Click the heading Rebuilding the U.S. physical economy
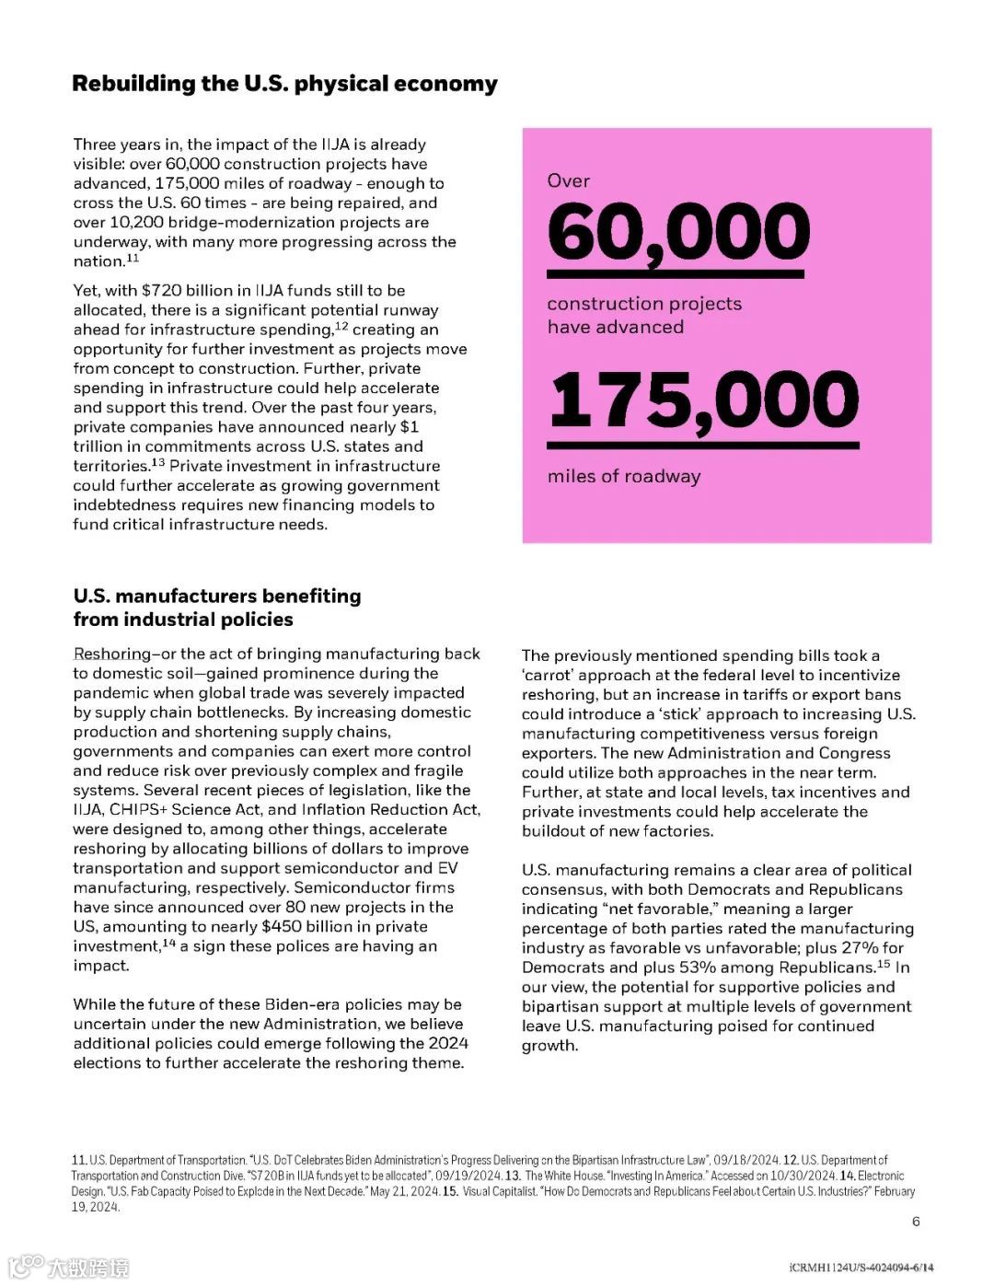tap(284, 84)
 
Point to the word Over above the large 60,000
tap(568, 181)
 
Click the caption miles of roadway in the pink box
tap(624, 477)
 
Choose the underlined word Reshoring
tap(111, 654)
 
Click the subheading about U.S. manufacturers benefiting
tap(217, 608)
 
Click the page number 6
tap(916, 1222)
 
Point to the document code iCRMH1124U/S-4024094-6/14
tap(861, 1268)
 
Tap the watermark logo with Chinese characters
tap(69, 1267)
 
